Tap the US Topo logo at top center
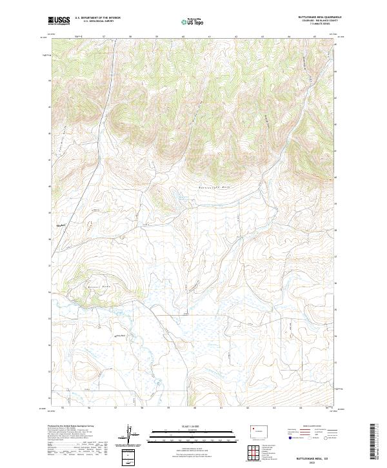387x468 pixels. (193, 21)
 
